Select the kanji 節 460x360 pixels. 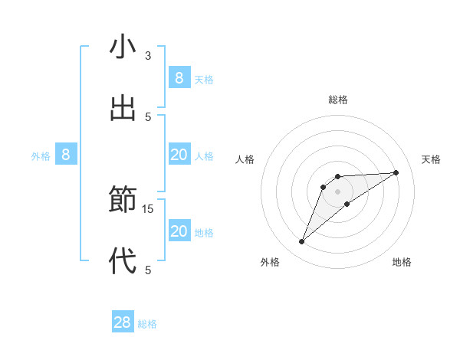tap(123, 201)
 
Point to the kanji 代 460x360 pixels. tap(123, 261)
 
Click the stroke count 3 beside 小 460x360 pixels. tap(148, 56)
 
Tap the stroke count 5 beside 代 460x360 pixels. tap(148, 270)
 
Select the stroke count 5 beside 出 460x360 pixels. tap(148, 116)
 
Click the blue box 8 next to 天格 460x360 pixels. tap(179, 78)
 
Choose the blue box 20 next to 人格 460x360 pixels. tap(179, 155)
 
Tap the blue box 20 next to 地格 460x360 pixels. tap(179, 231)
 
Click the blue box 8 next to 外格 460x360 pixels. tap(66, 155)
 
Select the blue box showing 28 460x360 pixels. tap(123, 322)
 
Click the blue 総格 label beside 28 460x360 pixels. tap(147, 324)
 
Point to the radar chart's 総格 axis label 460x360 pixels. tap(338, 100)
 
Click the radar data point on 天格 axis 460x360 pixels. tap(396, 172)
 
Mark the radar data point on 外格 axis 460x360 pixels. tap(302, 242)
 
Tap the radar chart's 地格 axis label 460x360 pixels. tap(402, 263)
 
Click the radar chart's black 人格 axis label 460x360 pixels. tap(245, 159)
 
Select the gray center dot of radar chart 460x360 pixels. tap(338, 191)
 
